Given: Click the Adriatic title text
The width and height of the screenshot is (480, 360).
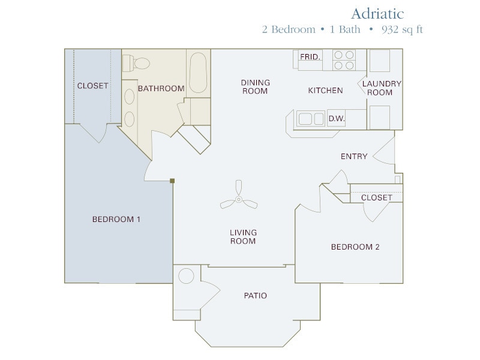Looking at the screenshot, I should pos(377,13).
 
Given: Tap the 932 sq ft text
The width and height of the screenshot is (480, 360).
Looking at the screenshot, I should pos(401,29).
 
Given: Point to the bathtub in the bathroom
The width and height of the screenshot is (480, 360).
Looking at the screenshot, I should pos(198,73).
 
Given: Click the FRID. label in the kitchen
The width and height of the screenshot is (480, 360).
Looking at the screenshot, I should pos(310,57).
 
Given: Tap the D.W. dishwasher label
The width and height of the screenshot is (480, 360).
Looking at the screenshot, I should pos(337,119).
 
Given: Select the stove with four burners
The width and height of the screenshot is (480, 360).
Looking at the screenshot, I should pos(344,60).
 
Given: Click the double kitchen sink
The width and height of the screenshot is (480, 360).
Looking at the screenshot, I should pos(311,119).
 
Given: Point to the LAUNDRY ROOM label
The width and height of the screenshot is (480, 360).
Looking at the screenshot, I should pos(382,88).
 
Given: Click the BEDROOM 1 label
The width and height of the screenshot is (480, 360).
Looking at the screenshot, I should pos(116,219).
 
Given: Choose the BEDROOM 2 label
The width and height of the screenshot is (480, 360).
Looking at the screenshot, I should pos(355,247).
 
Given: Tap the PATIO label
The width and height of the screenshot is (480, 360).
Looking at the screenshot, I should pos(255,295).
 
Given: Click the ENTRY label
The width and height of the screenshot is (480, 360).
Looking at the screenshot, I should pos(353,157).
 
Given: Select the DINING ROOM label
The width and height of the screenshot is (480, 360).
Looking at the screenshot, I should pos(255,86).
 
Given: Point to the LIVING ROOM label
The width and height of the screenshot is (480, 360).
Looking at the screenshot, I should pos(242,236).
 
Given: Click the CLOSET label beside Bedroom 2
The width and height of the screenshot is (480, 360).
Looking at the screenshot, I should pos(376,197).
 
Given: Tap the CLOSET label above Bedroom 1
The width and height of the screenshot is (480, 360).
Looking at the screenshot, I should pos(92,86).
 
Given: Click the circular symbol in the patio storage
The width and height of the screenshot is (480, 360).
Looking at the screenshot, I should pos(187,276).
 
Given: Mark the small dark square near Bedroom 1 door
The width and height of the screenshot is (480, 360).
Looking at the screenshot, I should pos(172,181).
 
